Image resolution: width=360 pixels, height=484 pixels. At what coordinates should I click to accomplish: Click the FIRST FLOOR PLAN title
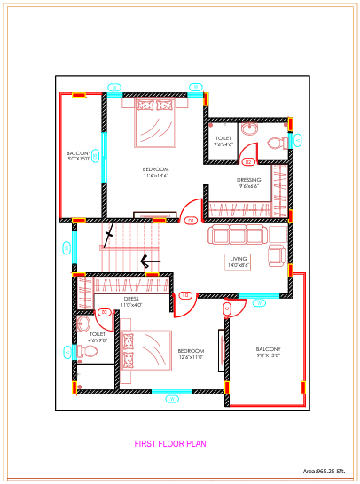click(170, 443)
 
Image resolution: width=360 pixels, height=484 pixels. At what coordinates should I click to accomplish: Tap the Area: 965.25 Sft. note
click(329, 472)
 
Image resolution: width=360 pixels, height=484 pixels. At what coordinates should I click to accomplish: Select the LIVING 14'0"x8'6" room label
click(239, 262)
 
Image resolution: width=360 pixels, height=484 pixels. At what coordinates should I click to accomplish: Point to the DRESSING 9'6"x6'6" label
click(248, 183)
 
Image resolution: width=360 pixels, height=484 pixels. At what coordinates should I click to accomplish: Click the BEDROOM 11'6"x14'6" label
click(155, 172)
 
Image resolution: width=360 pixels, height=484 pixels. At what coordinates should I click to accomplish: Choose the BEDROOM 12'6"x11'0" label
click(191, 354)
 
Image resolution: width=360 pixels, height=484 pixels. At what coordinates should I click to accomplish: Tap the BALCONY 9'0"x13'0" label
click(268, 352)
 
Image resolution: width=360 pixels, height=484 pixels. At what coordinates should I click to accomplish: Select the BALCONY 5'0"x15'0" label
click(79, 157)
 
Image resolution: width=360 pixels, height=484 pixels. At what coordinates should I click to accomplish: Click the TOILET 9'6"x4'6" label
click(223, 142)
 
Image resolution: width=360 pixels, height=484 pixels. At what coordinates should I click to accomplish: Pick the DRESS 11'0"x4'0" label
click(131, 301)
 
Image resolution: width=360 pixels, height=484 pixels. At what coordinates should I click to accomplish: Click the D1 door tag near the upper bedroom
click(190, 221)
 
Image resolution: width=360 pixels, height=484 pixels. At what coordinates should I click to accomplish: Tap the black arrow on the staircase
click(150, 262)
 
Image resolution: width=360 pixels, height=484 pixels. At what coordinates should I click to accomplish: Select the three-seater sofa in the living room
click(238, 234)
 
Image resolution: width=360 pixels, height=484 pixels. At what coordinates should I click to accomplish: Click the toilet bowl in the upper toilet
click(276, 142)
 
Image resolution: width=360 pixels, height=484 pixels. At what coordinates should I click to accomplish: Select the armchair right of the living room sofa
click(277, 254)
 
